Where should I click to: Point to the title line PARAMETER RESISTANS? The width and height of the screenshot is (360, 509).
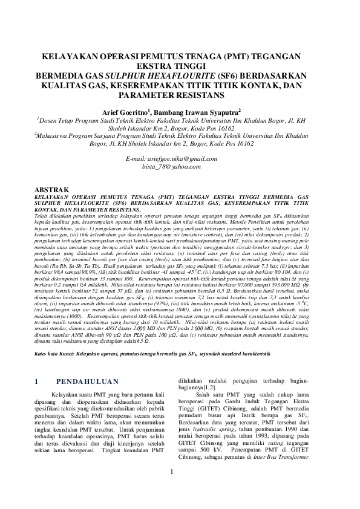(180, 96)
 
